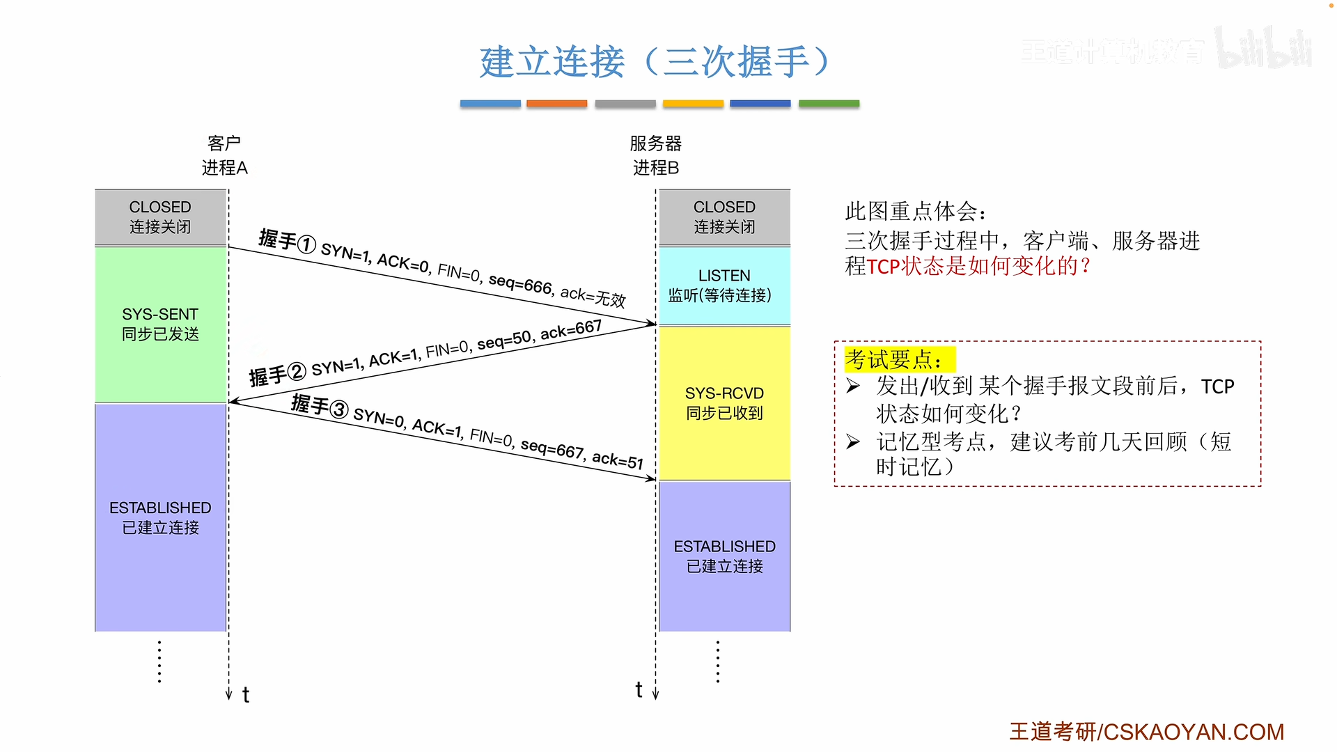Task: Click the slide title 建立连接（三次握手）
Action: [x=655, y=61]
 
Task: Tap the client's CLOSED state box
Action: [x=161, y=217]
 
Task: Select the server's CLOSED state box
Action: [x=725, y=217]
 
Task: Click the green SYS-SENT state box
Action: [x=161, y=324]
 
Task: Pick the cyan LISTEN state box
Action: [x=725, y=285]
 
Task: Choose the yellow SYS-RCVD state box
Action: [x=725, y=403]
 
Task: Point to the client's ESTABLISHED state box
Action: [x=161, y=517]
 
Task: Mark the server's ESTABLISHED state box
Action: [x=725, y=556]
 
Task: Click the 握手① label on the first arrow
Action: [x=287, y=241]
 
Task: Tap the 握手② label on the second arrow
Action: [x=277, y=375]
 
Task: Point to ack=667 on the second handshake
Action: [x=571, y=329]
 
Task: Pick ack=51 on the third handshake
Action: [x=618, y=460]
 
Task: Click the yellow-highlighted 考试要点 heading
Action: [x=900, y=360]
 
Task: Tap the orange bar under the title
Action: [x=556, y=104]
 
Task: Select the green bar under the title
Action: [x=829, y=104]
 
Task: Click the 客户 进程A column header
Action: [x=224, y=155]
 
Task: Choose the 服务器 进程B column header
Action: [x=655, y=155]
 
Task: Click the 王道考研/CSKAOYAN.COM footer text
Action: [x=1147, y=732]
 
